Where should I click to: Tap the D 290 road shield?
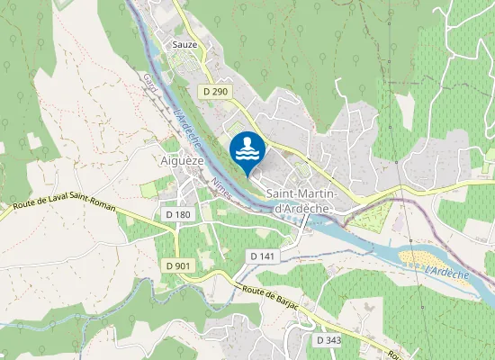(x=215, y=92)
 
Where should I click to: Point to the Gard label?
(x=148, y=83)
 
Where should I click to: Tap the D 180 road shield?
(x=179, y=214)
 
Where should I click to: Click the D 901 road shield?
(x=178, y=265)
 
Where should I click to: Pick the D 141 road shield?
(x=262, y=256)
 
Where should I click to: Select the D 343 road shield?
(x=329, y=340)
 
